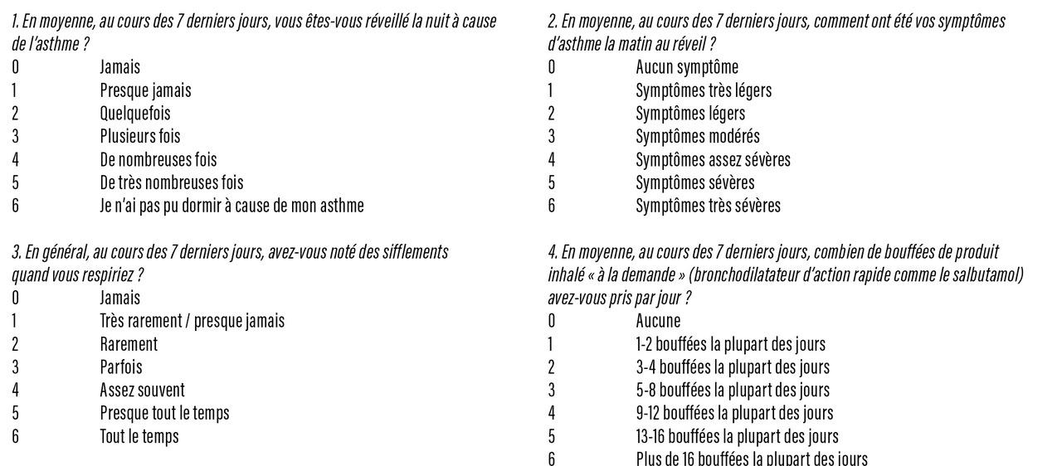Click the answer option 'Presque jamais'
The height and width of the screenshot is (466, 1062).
point(145,90)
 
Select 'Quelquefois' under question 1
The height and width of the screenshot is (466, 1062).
point(135,114)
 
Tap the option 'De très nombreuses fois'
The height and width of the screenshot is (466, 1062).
point(172,182)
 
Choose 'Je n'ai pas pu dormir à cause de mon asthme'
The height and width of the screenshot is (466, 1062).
point(231,206)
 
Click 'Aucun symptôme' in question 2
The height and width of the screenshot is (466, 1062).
point(686,67)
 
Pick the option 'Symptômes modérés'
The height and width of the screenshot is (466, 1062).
point(697,136)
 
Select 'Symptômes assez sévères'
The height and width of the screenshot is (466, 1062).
point(713,159)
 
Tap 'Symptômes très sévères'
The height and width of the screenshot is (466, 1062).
point(708,206)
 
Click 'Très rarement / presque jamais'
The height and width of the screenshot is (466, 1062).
point(192,321)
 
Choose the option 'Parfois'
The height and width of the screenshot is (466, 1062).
point(121,366)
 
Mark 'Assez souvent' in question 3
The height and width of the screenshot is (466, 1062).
point(142,390)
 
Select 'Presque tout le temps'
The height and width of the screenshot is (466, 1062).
point(164,413)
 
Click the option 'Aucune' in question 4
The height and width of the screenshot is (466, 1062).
point(658,321)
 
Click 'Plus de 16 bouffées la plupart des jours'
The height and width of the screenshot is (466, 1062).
point(751,459)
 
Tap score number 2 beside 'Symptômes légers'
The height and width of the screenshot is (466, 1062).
point(551,114)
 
